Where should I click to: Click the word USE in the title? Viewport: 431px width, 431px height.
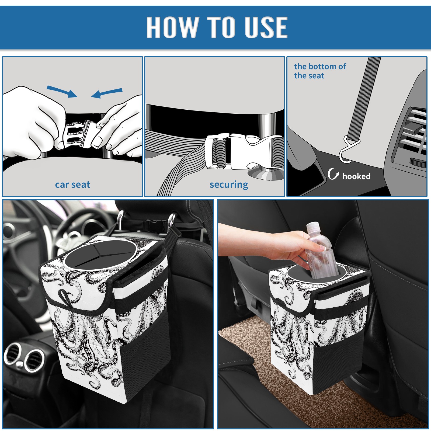[x=265, y=27]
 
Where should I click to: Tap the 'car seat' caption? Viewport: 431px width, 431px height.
[x=72, y=185]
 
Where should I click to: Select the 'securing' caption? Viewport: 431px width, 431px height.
[x=229, y=185]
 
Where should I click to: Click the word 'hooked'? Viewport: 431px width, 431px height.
[x=356, y=176]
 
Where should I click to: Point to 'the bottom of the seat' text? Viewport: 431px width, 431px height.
[x=320, y=71]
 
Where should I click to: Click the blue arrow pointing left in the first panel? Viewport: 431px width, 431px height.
[x=107, y=93]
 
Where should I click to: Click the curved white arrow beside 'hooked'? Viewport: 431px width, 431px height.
[x=333, y=174]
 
